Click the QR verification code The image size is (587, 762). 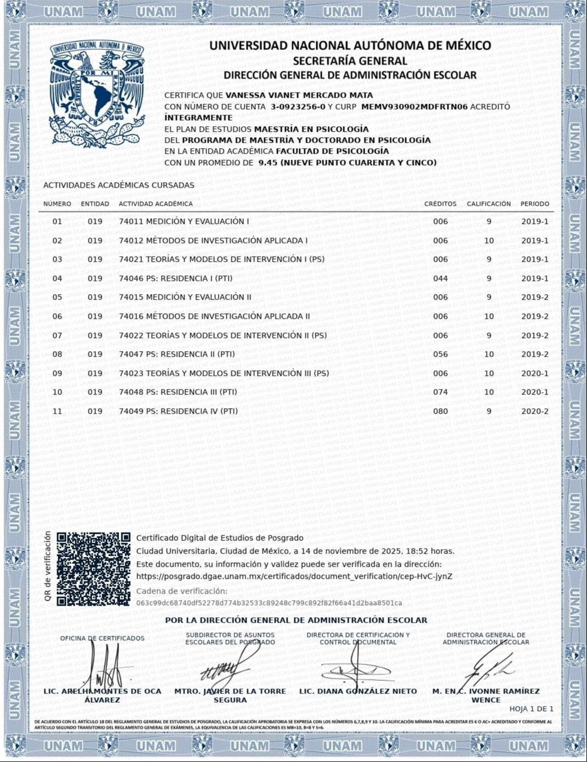pyautogui.click(x=94, y=569)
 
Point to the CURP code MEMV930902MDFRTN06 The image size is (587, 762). pyautogui.click(x=415, y=106)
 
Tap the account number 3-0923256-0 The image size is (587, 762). pyautogui.click(x=298, y=106)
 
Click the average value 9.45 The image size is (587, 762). pyautogui.click(x=267, y=162)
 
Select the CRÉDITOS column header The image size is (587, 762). pyautogui.click(x=440, y=204)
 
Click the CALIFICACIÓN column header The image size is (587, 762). pyautogui.click(x=489, y=204)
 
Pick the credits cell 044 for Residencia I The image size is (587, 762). pyautogui.click(x=440, y=278)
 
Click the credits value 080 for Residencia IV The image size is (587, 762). pyautogui.click(x=440, y=411)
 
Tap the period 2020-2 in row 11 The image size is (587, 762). pyautogui.click(x=534, y=411)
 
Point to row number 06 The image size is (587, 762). pyautogui.click(x=57, y=316)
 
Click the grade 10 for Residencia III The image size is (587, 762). pyautogui.click(x=489, y=392)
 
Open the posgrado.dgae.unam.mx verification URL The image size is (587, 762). pyautogui.click(x=294, y=577)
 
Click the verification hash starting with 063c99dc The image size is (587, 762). pyautogui.click(x=269, y=603)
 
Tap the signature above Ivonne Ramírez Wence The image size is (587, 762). pyautogui.click(x=489, y=667)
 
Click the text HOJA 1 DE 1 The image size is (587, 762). pyautogui.click(x=531, y=709)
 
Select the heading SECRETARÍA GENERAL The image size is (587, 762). pyautogui.click(x=350, y=61)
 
